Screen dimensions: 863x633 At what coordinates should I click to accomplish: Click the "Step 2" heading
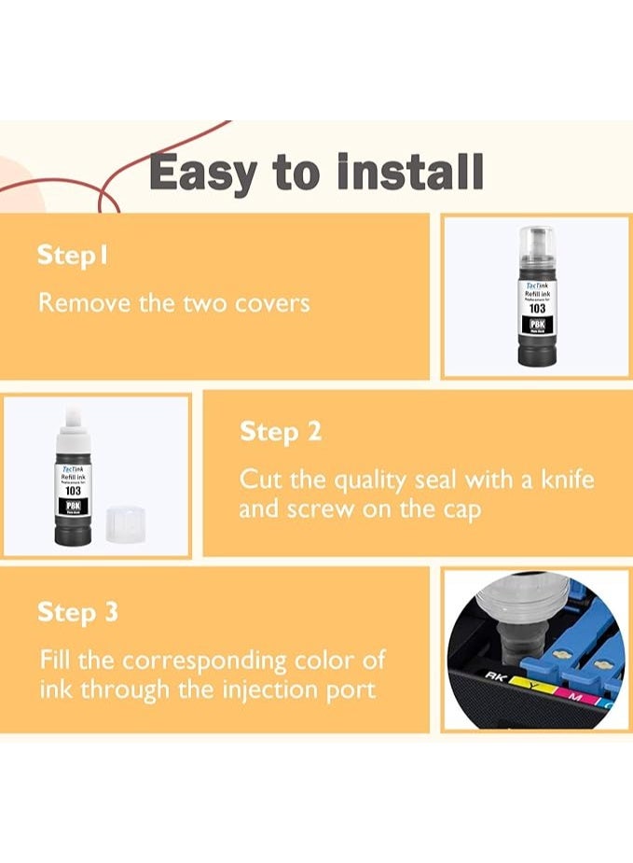281,432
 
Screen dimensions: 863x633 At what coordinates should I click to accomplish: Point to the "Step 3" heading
77,612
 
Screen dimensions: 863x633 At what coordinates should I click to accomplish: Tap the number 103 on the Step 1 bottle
537,308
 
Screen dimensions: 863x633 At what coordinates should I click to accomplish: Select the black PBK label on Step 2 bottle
73,506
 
